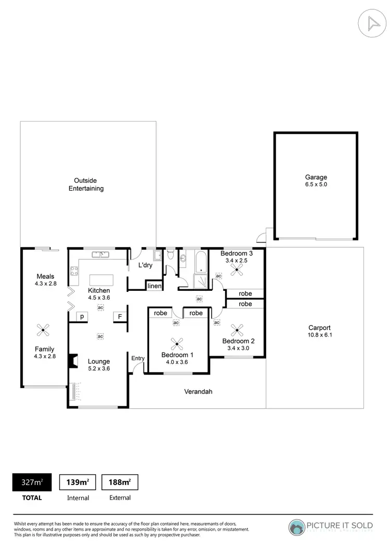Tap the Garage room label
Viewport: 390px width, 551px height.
point(316,180)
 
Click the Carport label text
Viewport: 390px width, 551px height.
point(319,331)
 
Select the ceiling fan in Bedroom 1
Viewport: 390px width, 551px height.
point(177,342)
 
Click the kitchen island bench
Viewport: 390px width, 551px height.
point(100,279)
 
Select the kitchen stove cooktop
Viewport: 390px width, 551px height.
point(74,271)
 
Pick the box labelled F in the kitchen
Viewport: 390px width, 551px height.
point(120,316)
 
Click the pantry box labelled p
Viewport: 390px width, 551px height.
point(82,316)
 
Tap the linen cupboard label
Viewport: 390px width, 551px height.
point(154,286)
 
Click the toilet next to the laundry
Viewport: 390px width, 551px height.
point(170,254)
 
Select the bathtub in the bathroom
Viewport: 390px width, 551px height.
point(200,262)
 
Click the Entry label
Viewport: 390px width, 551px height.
point(138,358)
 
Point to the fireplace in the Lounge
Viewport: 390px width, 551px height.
point(73,361)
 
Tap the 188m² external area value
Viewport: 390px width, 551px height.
point(120,482)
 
